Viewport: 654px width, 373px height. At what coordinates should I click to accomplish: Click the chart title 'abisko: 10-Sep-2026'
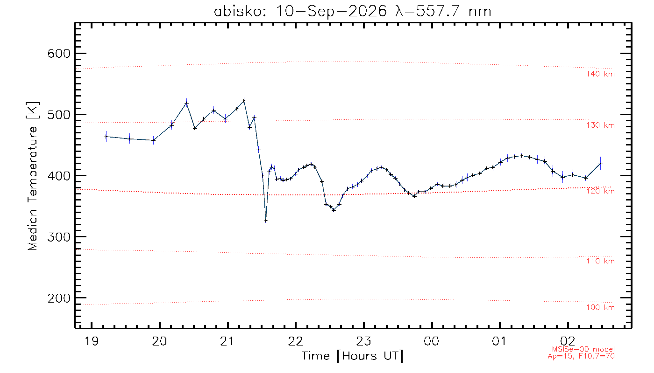pos(300,12)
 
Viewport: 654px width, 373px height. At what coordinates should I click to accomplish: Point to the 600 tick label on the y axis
pos(59,54)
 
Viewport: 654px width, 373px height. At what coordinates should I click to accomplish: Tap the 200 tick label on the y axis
pos(59,298)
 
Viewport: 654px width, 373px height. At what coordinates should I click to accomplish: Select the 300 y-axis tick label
pos(59,237)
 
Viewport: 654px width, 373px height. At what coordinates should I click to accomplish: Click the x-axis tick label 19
pos(92,341)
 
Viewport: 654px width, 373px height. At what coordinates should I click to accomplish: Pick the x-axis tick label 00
pos(432,341)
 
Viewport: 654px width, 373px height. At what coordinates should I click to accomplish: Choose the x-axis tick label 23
pos(364,341)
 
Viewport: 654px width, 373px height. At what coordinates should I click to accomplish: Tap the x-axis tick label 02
pos(568,341)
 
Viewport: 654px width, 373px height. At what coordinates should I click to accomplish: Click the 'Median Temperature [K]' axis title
pos(32,176)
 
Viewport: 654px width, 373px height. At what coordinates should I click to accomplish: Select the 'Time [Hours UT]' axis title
pos(352,356)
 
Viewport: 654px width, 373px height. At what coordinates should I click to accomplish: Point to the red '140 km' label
pos(600,74)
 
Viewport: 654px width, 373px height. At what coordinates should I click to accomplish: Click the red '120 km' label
pos(600,191)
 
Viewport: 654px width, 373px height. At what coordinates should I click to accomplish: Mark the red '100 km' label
pos(600,307)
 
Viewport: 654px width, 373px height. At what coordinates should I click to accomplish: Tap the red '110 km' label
pos(600,261)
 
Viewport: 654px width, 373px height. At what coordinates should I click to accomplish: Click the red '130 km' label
pos(600,125)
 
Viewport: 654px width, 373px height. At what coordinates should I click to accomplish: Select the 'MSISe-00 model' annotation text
pos(583,349)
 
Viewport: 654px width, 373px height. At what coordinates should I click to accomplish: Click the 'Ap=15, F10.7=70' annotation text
pos(581,356)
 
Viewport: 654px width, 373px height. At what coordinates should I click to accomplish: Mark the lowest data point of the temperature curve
pos(266,221)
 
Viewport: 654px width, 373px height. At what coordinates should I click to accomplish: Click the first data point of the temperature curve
pos(106,137)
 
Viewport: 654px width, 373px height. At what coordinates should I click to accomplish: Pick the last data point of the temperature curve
pos(600,164)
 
